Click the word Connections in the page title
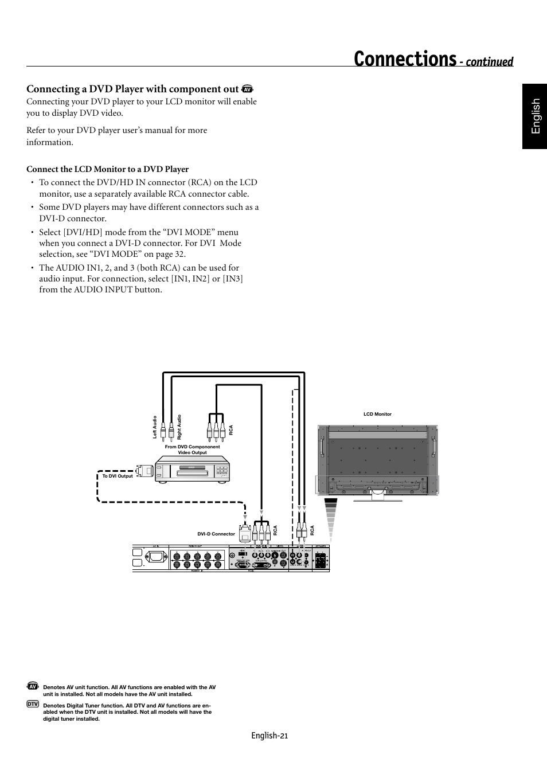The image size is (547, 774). pos(405,59)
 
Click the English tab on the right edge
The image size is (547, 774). pos(535,116)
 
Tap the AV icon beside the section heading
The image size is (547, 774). pos(248,89)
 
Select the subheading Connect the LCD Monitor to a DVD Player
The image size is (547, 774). pos(107,169)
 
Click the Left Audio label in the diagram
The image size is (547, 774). pos(155,427)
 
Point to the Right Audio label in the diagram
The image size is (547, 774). pos(179,427)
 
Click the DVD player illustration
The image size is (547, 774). pos(193,470)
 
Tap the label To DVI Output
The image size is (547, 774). pos(118,476)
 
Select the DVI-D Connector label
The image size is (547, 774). pos(216,534)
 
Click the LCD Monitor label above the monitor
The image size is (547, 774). pos(377,414)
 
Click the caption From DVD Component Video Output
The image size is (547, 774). pos(192,449)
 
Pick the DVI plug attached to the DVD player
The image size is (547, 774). pos(144,471)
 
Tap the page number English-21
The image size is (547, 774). pos(269,736)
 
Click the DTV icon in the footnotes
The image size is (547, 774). pos(33,703)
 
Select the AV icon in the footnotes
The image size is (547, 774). pos(33,686)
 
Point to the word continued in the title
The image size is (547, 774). pos(489,62)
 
